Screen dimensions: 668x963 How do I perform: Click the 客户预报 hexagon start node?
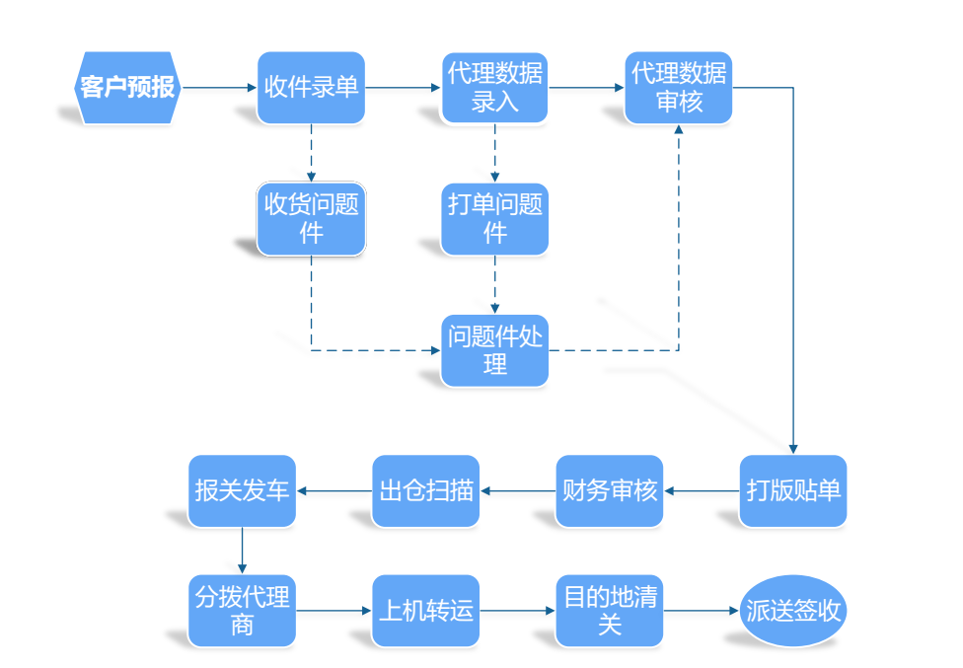pos(127,88)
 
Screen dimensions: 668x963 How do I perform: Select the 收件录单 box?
pos(311,88)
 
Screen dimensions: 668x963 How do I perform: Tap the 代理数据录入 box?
pos(494,88)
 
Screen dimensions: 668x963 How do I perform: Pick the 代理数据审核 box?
pos(678,88)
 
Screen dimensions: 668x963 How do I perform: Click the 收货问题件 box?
pos(311,219)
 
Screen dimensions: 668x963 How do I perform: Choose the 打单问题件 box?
pos(494,219)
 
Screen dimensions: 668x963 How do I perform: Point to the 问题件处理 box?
pos(494,350)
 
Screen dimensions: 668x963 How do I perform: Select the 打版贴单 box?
pos(793,490)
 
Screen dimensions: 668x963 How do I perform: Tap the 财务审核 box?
pos(609,490)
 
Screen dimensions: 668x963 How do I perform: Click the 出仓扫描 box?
pos(425,490)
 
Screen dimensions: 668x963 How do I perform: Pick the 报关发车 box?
pos(242,490)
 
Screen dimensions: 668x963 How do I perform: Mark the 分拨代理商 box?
pos(242,611)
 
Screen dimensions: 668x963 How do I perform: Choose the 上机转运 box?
pos(425,611)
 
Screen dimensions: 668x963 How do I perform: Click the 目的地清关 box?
pos(609,611)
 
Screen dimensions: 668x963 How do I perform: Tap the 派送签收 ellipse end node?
pos(793,611)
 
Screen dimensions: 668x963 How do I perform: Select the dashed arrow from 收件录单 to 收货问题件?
pos(311,153)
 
